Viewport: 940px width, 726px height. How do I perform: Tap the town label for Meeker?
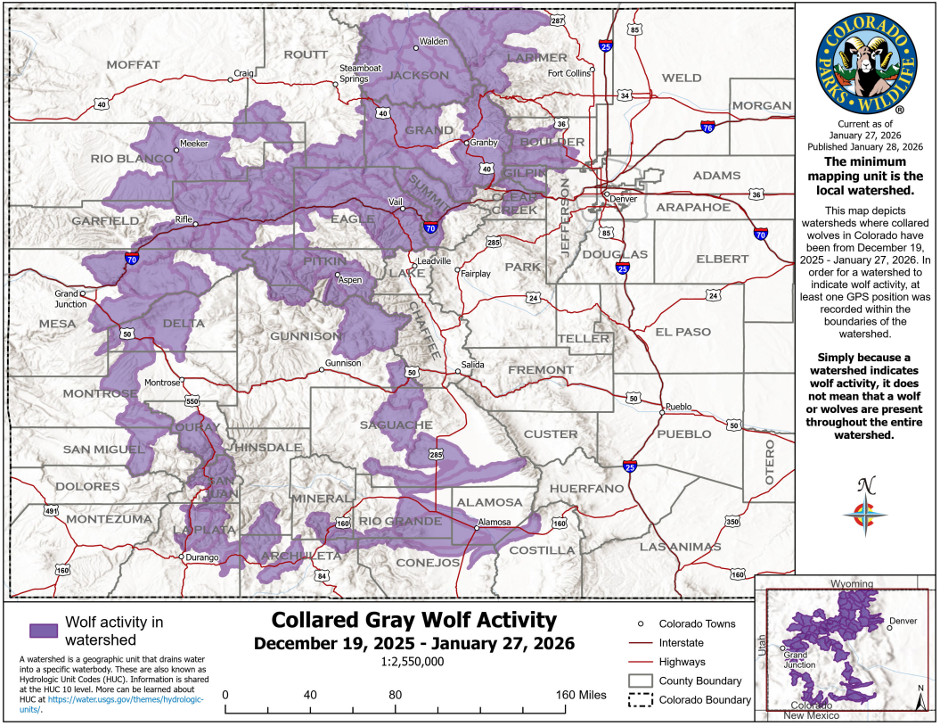193,143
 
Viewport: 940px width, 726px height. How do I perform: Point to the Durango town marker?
182,557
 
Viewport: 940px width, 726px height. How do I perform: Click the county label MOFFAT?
133,64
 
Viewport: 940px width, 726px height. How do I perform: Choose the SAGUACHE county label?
396,425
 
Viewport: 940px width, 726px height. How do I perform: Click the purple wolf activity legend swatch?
44,630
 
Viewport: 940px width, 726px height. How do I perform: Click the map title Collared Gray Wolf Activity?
413,620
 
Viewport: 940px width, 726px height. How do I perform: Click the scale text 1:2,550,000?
413,662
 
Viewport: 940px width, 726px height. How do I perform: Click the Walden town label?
434,41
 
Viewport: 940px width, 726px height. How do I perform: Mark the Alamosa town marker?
477,528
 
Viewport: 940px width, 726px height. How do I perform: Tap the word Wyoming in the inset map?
853,583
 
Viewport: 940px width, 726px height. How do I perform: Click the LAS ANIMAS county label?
680,545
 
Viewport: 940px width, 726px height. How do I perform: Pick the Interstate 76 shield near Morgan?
707,128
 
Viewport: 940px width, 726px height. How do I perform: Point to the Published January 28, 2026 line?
864,145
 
